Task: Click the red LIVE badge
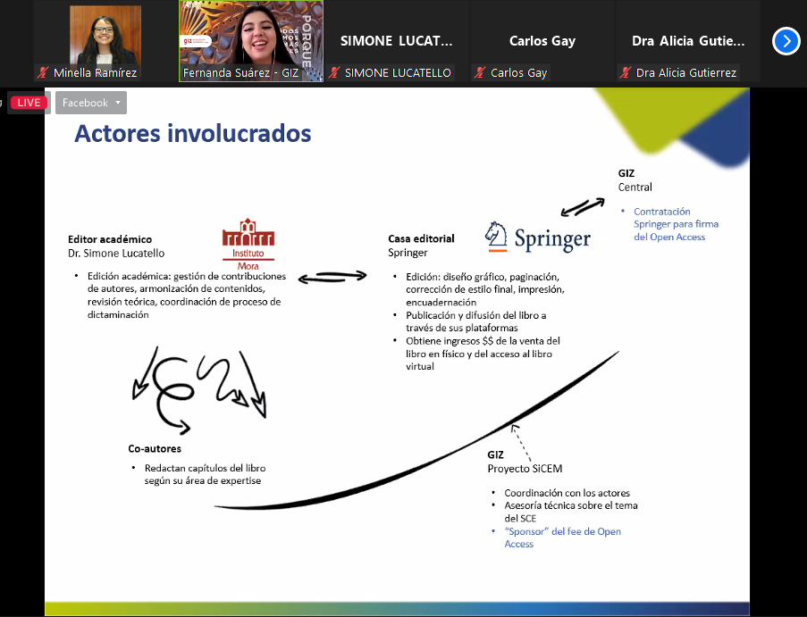click(x=29, y=103)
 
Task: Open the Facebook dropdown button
click(x=91, y=103)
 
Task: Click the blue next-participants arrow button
click(x=786, y=40)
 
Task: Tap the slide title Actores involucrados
click(x=192, y=133)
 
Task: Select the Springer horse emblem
click(x=496, y=237)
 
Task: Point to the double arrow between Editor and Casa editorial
click(x=332, y=277)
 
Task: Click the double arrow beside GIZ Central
click(x=583, y=207)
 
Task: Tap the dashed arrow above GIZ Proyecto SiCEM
click(x=521, y=442)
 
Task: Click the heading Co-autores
click(x=155, y=448)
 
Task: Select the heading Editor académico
click(x=110, y=239)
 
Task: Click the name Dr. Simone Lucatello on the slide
click(x=116, y=253)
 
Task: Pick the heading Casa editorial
click(x=421, y=238)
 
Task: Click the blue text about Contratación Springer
click(x=676, y=224)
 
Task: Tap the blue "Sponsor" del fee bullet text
click(x=562, y=538)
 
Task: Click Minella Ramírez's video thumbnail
click(x=105, y=35)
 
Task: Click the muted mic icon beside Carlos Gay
click(x=480, y=73)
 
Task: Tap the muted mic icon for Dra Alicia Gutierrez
click(x=626, y=73)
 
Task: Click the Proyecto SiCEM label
click(x=525, y=469)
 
